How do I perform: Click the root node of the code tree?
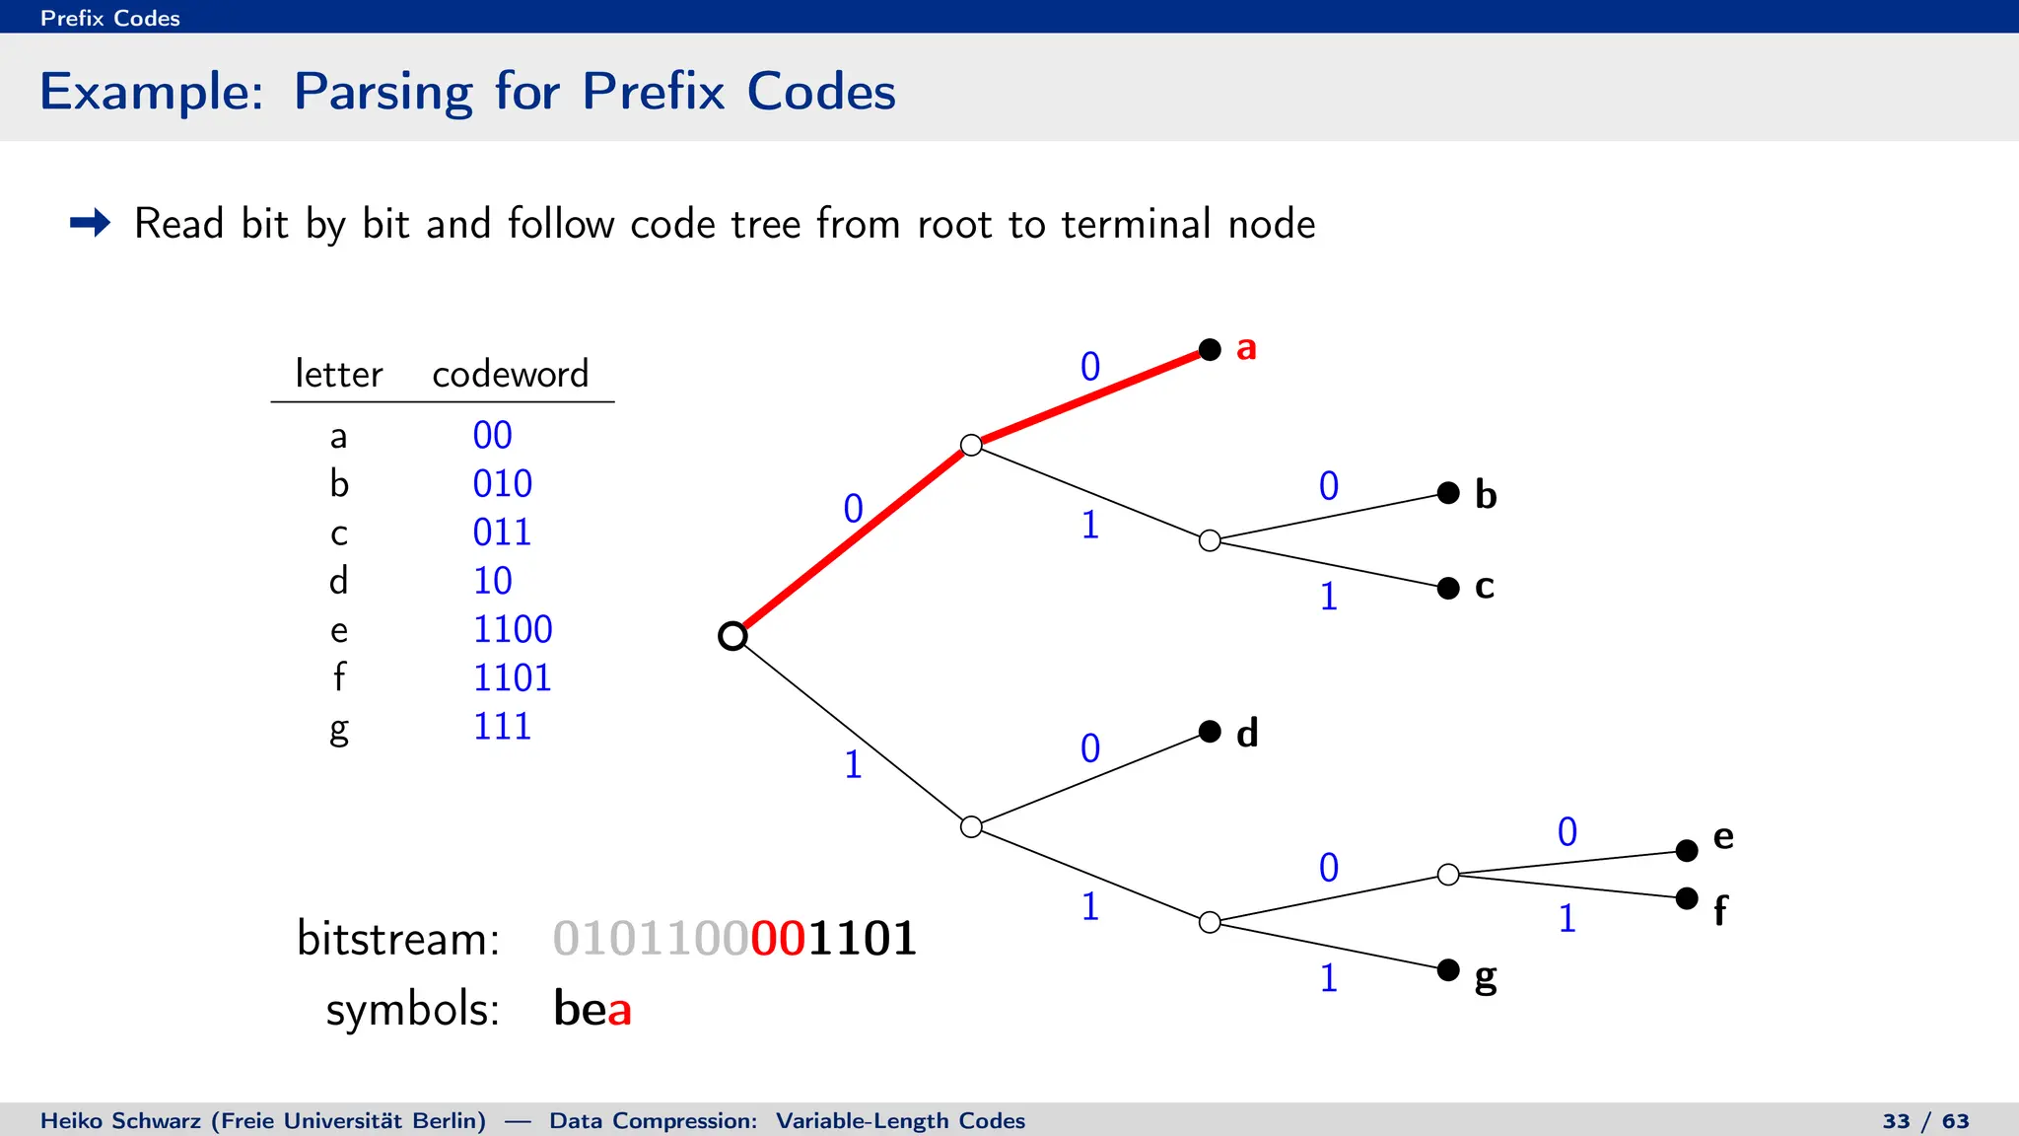[x=732, y=636]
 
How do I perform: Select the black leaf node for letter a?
[x=1210, y=349]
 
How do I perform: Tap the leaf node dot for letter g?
[x=1448, y=970]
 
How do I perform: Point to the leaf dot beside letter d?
[x=1210, y=731]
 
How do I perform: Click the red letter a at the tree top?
[x=1246, y=348]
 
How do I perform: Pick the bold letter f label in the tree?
[x=1720, y=910]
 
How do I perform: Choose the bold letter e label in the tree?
[x=1723, y=837]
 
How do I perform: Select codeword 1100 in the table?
[x=513, y=629]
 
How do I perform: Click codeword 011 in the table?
[x=502, y=532]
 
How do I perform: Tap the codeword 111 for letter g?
[x=502, y=727]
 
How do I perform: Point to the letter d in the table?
[x=338, y=581]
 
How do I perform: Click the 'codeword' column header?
[x=510, y=374]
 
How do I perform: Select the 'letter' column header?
[x=338, y=374]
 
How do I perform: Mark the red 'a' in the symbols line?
[x=619, y=1010]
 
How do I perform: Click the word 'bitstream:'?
[x=398, y=938]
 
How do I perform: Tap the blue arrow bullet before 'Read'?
[x=91, y=223]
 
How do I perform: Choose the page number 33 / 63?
[x=1925, y=1121]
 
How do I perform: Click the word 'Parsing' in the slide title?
[x=383, y=92]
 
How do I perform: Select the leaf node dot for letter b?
[x=1448, y=493]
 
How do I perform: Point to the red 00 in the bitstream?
[x=779, y=938]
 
